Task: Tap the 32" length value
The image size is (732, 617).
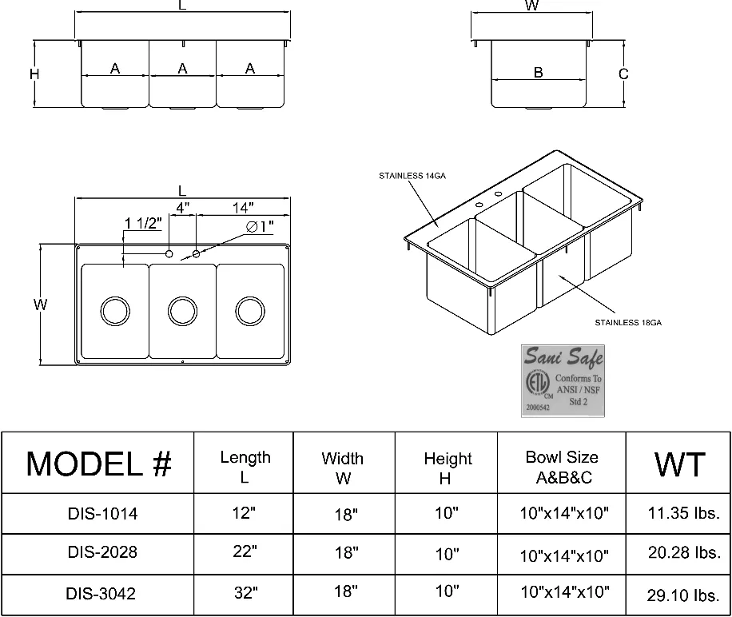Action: coord(245,593)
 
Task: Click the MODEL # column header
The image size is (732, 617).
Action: coord(98,464)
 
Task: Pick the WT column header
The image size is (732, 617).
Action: coord(679,464)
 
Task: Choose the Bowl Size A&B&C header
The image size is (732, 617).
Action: coord(562,468)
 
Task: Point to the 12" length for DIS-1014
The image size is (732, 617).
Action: coord(245,513)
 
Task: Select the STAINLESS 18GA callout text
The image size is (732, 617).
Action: coord(628,323)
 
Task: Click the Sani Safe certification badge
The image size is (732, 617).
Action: coord(563,380)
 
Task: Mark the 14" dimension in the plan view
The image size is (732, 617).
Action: coord(243,208)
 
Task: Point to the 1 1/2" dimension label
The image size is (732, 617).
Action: coord(144,222)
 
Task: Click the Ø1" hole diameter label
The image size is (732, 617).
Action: coord(261,227)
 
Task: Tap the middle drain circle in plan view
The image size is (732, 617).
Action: coord(182,309)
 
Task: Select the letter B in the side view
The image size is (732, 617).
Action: coord(539,73)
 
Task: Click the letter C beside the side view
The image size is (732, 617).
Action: coord(624,74)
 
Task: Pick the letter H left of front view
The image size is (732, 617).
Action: coord(34,74)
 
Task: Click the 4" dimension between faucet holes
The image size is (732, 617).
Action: coord(183,208)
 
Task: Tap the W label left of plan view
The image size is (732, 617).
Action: coord(41,305)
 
